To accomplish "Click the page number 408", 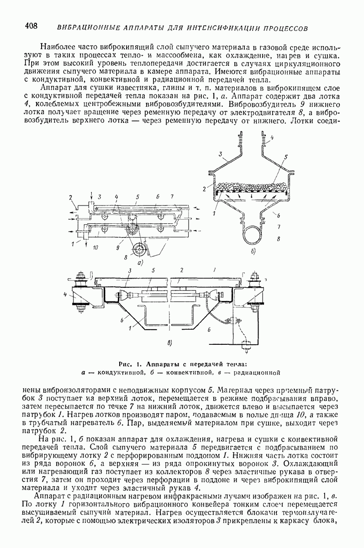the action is point(31,26).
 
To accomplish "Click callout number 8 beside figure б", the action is point(279,238).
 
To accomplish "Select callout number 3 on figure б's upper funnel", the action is point(221,154).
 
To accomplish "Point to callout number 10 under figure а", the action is point(95,248).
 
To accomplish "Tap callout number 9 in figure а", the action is point(118,248).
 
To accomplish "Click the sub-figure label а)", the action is point(140,263).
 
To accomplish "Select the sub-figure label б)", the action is point(253,252).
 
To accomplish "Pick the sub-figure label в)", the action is point(170,343).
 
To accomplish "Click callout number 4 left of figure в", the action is point(65,295).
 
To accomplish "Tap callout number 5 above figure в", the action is point(153,270).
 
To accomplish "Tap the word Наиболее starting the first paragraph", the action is point(58,47).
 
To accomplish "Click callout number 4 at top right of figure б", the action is point(272,138).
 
